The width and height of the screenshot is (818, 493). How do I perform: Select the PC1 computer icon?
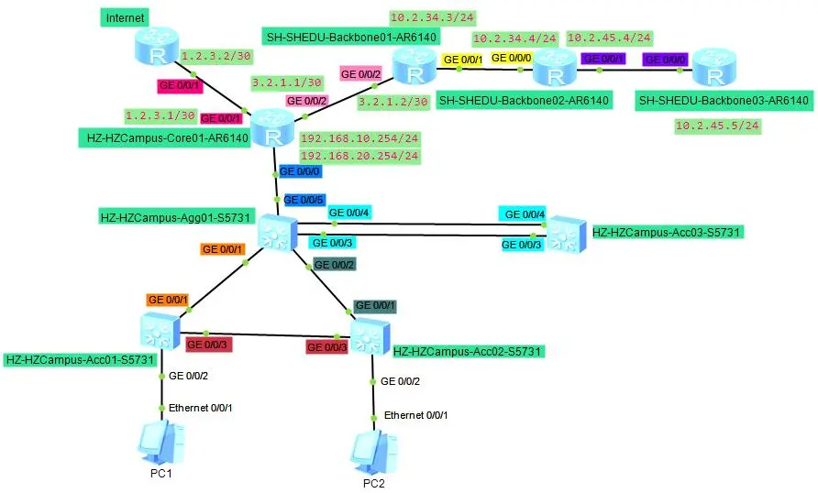(161, 444)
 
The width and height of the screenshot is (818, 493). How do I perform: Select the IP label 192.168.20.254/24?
(359, 156)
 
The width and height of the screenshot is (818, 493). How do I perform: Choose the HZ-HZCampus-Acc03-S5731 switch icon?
(566, 235)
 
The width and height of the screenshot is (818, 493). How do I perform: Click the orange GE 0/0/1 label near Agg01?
(223, 248)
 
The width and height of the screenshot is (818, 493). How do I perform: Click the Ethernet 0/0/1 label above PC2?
(415, 415)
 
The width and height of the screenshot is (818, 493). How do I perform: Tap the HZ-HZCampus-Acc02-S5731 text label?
(468, 351)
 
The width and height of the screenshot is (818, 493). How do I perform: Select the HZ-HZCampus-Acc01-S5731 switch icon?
(162, 330)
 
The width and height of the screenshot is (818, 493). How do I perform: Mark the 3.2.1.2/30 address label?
(393, 102)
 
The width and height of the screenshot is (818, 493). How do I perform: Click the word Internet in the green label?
(126, 18)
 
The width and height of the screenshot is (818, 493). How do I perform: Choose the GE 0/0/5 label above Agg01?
(304, 198)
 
